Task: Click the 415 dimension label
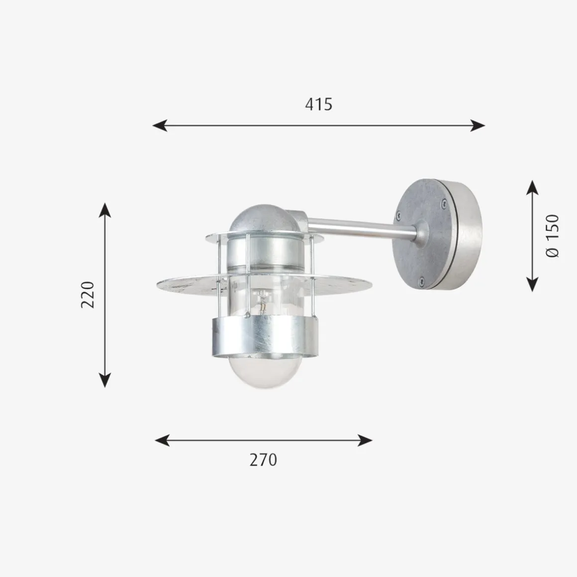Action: (319, 104)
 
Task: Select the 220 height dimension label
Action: (88, 295)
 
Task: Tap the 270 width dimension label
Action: (264, 460)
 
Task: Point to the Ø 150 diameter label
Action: (552, 236)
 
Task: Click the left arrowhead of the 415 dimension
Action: (160, 125)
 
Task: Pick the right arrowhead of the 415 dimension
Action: (478, 125)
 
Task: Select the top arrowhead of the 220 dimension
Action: (105, 210)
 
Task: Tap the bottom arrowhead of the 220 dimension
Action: (105, 380)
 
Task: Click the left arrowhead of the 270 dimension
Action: (162, 440)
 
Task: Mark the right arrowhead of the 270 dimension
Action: (365, 440)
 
